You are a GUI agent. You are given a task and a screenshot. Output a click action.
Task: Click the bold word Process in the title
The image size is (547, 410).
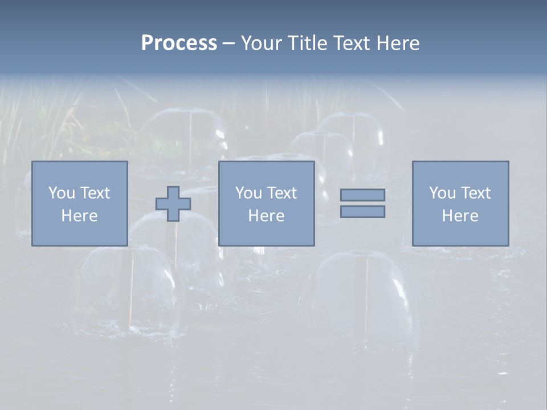click(x=179, y=43)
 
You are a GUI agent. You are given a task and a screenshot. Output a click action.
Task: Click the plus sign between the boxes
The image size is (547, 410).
click(x=173, y=204)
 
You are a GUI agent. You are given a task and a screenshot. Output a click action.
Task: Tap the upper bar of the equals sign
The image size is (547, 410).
click(x=362, y=195)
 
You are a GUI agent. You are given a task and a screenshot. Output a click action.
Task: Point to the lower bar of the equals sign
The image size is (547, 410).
click(x=362, y=212)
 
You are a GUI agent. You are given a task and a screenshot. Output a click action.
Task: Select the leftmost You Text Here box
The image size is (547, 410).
click(x=79, y=203)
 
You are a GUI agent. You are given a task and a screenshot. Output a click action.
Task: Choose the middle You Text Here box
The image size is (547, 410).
click(x=266, y=203)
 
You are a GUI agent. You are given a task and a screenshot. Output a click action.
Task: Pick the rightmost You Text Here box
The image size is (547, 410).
click(x=460, y=203)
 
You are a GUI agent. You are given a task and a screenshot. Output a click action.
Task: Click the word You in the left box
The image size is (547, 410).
click(x=62, y=193)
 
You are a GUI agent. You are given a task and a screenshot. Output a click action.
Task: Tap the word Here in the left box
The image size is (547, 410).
click(x=79, y=216)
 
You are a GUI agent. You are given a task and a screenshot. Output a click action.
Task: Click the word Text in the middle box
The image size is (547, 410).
click(x=281, y=193)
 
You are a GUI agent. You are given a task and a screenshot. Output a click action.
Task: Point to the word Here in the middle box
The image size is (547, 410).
click(x=266, y=216)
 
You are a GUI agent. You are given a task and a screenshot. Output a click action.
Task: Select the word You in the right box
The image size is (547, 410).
click(x=442, y=193)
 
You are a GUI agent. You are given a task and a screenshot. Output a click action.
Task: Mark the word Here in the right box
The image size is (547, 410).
click(x=460, y=216)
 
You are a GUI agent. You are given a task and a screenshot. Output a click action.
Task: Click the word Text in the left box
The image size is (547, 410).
click(x=95, y=193)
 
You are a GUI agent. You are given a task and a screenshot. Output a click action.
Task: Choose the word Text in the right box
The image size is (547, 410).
click(x=475, y=193)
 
